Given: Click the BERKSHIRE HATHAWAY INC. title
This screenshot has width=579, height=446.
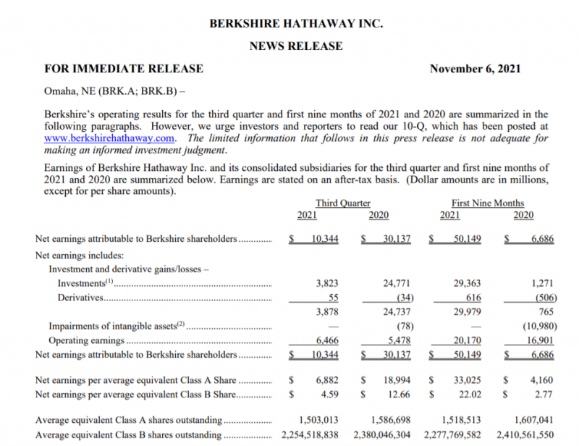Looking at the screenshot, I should [x=296, y=23].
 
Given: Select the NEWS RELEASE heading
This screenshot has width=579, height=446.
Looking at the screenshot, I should [x=296, y=46].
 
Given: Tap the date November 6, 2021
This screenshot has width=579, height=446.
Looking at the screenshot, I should [x=475, y=69].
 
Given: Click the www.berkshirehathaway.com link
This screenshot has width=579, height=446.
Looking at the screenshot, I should [x=110, y=138].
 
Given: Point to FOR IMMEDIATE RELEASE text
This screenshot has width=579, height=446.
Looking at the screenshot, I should [x=124, y=69].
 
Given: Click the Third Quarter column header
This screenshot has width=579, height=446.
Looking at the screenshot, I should [x=343, y=203].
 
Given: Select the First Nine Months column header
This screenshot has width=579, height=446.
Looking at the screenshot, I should [x=487, y=203].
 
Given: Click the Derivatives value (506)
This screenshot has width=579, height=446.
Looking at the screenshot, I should [x=539, y=298].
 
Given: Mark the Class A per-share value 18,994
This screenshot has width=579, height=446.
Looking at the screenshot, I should [x=397, y=379].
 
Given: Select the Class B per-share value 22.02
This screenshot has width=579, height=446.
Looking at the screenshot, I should [x=470, y=394].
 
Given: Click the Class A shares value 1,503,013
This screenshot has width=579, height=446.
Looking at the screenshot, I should [x=318, y=419].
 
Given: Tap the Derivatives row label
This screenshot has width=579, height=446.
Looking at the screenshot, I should [x=80, y=298].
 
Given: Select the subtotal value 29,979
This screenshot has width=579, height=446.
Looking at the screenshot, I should [x=467, y=311].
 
